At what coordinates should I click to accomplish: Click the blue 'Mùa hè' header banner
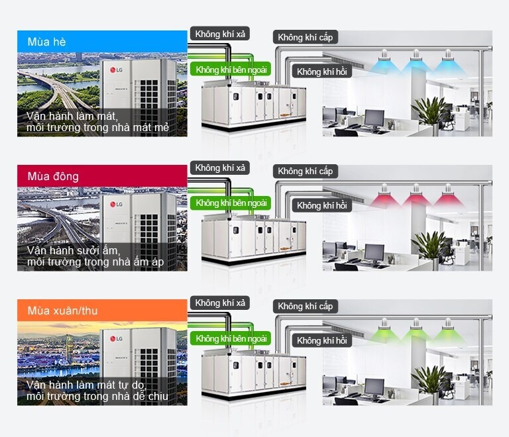(102, 42)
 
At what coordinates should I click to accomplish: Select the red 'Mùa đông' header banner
(102, 176)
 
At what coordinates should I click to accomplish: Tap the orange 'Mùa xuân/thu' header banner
(102, 311)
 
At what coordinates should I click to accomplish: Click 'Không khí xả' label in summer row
(221, 34)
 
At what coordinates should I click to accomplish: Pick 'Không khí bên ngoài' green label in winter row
(231, 203)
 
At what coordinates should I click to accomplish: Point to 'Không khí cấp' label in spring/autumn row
(305, 306)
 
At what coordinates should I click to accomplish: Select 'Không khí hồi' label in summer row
(321, 72)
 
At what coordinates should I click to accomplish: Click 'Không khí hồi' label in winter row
(321, 206)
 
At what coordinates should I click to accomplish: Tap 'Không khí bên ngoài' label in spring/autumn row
(231, 338)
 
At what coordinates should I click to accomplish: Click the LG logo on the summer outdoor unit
(116, 70)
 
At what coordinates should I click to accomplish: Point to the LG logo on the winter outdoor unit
(116, 204)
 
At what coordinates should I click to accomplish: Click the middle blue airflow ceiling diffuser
(416, 64)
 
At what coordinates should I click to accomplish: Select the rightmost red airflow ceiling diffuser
(447, 198)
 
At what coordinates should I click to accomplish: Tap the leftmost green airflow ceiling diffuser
(385, 332)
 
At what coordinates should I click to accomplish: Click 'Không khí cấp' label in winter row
(305, 171)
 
